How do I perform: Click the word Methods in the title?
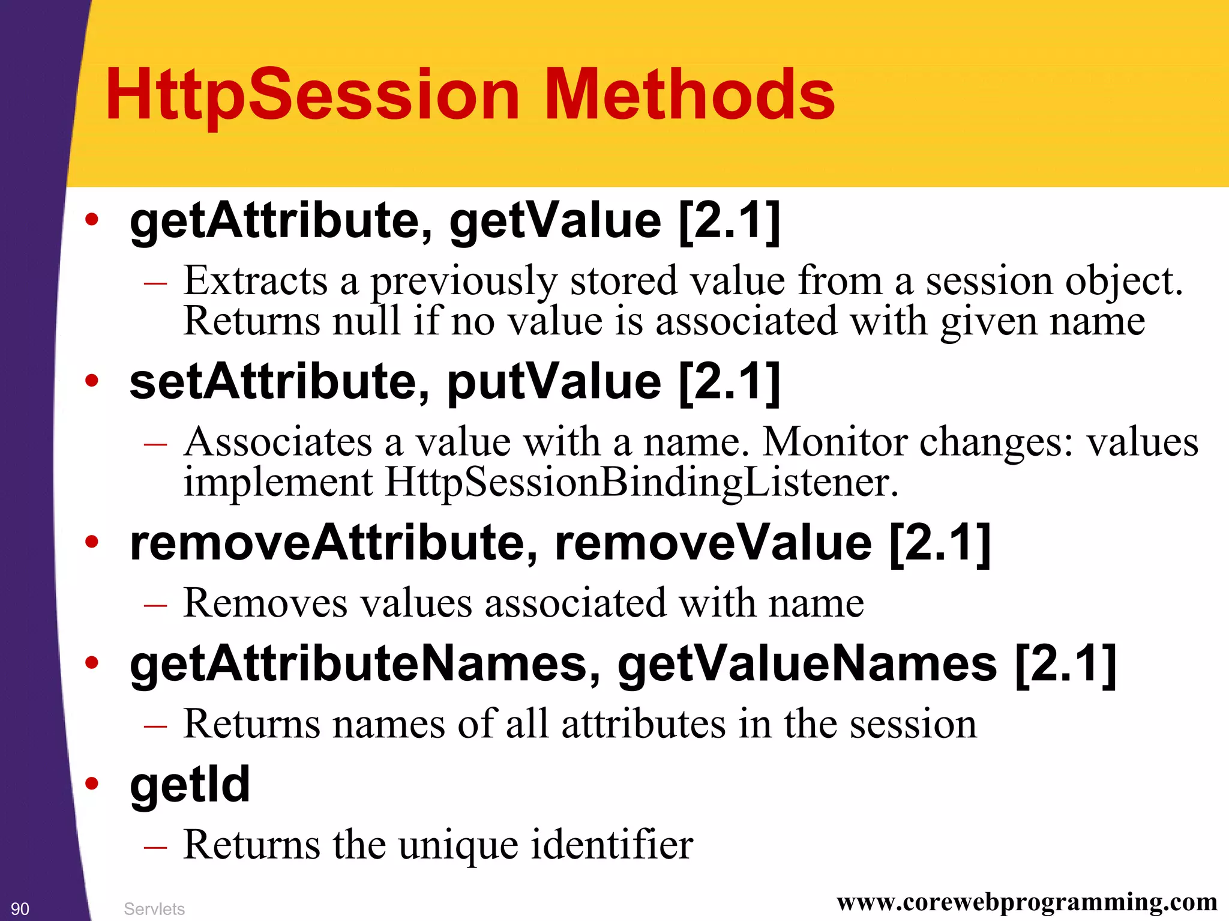click(689, 95)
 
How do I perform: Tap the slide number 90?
click(20, 908)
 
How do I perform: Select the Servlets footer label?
click(154, 908)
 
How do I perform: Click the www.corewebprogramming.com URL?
click(1027, 901)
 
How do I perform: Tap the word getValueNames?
click(807, 664)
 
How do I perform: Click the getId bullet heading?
click(190, 785)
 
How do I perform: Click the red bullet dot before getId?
click(91, 783)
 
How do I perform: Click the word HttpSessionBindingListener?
click(641, 482)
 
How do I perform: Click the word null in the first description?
click(366, 321)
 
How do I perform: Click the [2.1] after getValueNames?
click(1065, 664)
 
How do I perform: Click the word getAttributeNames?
click(359, 664)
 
